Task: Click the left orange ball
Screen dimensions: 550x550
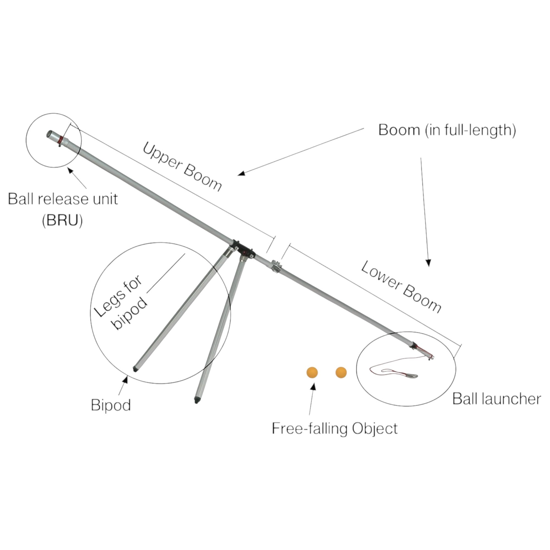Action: point(312,372)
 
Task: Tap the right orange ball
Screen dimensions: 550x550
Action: point(341,372)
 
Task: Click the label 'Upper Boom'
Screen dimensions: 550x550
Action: point(182,167)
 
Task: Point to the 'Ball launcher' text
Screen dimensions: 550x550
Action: point(496,399)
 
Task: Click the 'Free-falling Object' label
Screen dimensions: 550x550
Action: point(335,428)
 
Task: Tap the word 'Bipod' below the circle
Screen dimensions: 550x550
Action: point(111,405)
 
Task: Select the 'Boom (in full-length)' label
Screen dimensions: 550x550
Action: point(447,130)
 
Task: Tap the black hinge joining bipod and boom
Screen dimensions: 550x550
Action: point(242,249)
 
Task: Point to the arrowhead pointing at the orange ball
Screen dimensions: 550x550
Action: point(313,386)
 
